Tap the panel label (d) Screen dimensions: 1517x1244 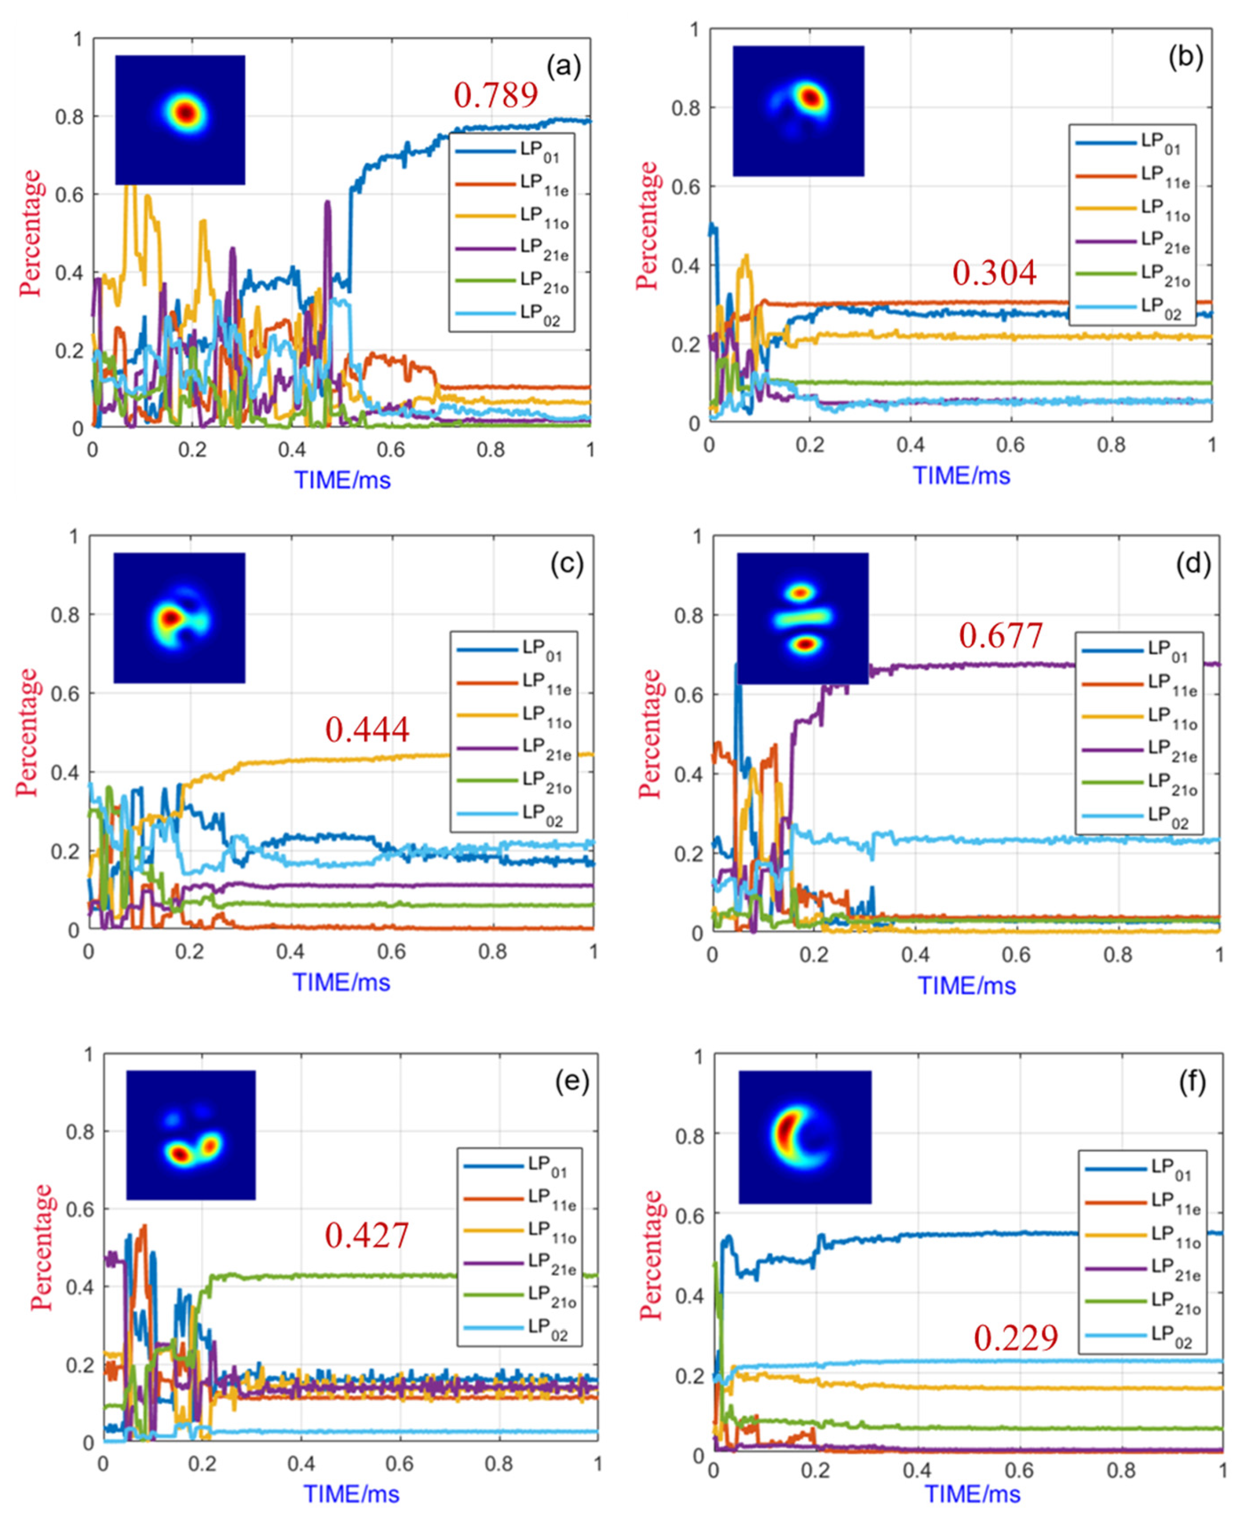[x=1193, y=566]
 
